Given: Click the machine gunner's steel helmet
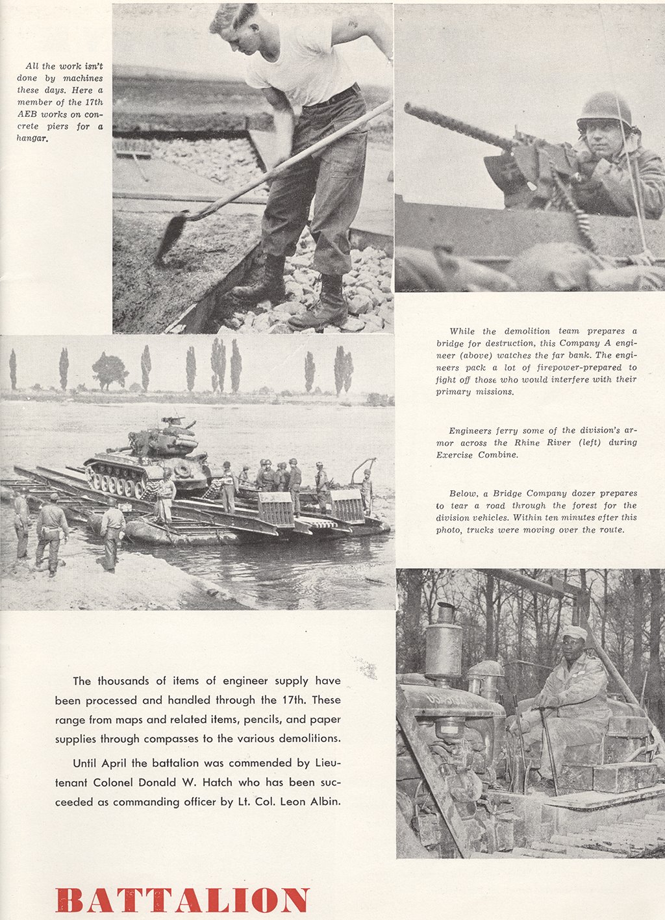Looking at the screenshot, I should click(x=604, y=108).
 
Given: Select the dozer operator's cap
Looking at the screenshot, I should click(x=574, y=632).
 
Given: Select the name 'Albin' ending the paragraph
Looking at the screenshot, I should click(x=323, y=802).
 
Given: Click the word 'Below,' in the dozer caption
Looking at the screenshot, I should click(x=463, y=493).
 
